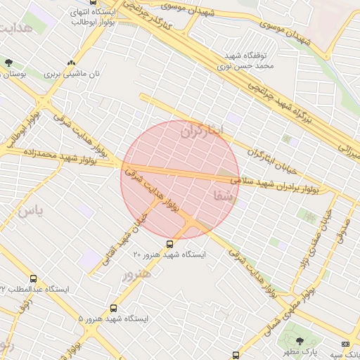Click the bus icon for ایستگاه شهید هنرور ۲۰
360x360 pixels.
[x=169, y=243]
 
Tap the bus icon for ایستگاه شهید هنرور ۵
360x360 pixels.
[x=114, y=308]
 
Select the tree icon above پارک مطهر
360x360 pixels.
[x=300, y=341]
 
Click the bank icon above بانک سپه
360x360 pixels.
[x=345, y=343]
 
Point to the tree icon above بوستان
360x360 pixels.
[x=8, y=63]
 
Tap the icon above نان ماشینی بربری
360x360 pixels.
[x=70, y=63]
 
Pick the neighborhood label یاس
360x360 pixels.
[x=31, y=210]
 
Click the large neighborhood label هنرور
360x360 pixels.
[x=136, y=273]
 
